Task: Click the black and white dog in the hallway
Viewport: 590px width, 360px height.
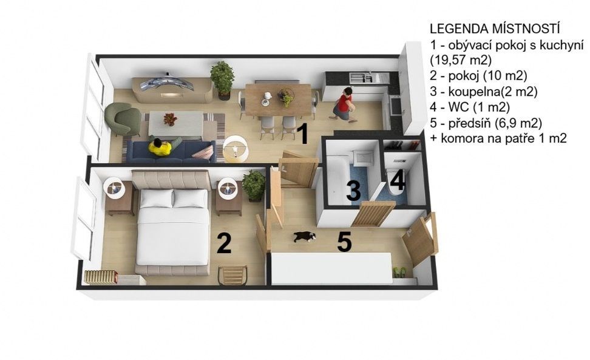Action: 305,237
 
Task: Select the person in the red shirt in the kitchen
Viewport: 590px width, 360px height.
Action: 344,105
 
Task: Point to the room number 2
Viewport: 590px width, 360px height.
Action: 224,243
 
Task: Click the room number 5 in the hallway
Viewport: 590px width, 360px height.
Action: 344,242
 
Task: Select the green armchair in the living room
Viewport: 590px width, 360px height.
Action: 123,118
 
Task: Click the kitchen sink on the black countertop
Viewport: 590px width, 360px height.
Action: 361,78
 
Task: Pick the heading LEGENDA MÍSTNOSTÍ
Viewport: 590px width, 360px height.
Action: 495,29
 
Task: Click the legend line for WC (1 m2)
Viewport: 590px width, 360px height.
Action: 470,107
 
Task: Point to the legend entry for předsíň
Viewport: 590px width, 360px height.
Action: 486,123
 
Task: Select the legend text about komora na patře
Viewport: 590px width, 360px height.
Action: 498,138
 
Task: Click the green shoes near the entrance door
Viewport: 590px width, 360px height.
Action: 399,272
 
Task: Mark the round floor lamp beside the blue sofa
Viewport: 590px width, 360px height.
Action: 236,148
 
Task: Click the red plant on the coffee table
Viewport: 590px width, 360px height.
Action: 170,119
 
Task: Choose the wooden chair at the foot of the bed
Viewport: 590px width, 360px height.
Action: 232,276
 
